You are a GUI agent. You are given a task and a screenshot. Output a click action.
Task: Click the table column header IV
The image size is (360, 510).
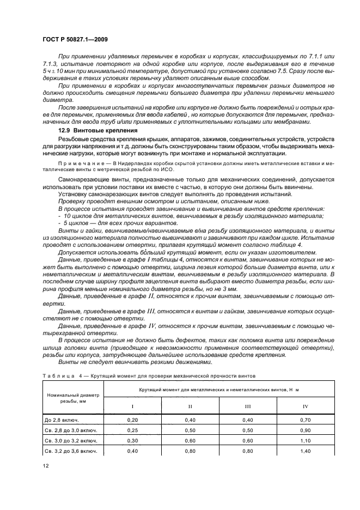pyautogui.click(x=305, y=406)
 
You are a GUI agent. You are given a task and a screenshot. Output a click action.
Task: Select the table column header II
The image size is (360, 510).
pyautogui.click(x=190, y=406)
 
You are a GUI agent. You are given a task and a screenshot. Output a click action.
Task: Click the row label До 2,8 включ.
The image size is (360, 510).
pyautogui.click(x=62, y=420)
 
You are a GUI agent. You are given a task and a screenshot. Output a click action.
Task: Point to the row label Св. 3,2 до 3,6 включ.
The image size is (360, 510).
pyautogui.click(x=71, y=451)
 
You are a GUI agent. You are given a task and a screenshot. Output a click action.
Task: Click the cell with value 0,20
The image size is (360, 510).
pyautogui.click(x=132, y=420)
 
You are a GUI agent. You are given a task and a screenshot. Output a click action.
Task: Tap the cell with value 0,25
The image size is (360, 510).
pyautogui.click(x=132, y=430)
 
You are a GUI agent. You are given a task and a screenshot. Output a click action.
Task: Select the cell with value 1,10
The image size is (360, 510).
pyautogui.click(x=305, y=440)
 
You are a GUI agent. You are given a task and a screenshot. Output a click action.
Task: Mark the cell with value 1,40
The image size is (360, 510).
pyautogui.click(x=305, y=451)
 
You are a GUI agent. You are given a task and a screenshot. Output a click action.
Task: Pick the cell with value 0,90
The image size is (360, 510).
pyautogui.click(x=305, y=430)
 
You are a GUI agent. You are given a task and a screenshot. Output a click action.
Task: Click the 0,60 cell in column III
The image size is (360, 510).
pyautogui.click(x=247, y=440)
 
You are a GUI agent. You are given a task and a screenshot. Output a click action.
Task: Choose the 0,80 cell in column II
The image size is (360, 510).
pyautogui.click(x=190, y=451)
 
